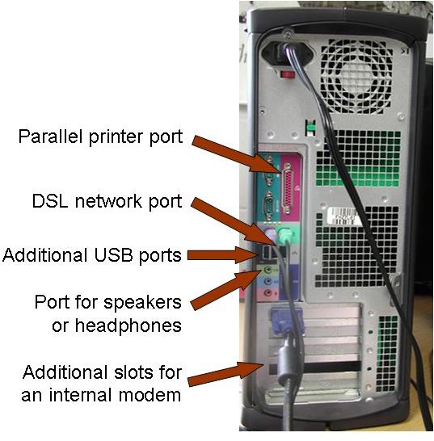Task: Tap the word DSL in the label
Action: [x=50, y=201]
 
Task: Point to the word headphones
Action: [x=116, y=325]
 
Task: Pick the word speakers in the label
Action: [x=142, y=303]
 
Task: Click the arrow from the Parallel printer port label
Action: [x=237, y=154]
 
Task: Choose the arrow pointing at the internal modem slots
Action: [x=226, y=373]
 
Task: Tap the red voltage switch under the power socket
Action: [x=288, y=74]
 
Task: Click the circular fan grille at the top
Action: [x=356, y=76]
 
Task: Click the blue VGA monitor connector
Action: [x=287, y=322]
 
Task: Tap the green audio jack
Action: [x=268, y=271]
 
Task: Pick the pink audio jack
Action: [x=268, y=293]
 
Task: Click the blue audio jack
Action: [x=268, y=281]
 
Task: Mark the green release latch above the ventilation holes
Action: [x=310, y=128]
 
